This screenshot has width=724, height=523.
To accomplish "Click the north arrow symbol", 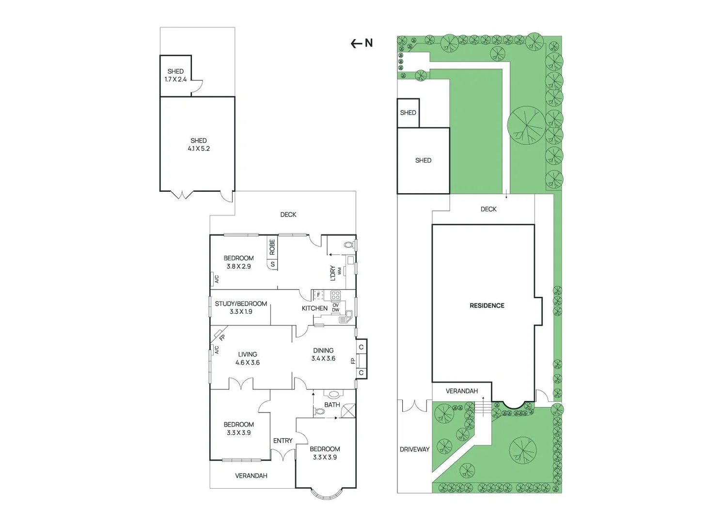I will coord(362,44).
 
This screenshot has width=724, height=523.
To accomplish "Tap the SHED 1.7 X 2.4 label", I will coord(175,75).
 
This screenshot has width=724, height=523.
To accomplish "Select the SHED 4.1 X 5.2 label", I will coord(199,145).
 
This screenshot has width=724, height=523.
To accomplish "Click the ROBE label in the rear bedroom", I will coord(272,247).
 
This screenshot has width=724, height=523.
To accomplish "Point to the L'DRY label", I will coord(333,273).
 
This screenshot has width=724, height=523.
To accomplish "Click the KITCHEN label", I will coord(315,308).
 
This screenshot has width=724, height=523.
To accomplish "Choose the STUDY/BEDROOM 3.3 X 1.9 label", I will coord(241,308).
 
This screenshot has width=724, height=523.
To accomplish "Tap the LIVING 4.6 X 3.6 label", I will coord(248,358).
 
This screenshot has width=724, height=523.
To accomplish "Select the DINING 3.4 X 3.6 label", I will coord(323,354).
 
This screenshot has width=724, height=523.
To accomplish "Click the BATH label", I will coord(332,405).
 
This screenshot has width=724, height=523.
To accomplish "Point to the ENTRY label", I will coord(283,441).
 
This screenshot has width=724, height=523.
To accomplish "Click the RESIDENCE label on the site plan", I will coord(487,306).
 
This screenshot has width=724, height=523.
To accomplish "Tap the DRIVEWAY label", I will coord(414,449).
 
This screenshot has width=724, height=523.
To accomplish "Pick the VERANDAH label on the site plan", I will coord(462,391).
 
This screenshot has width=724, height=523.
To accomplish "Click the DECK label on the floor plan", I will coord(288,215).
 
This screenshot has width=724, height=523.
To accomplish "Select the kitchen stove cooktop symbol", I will coord(335,295).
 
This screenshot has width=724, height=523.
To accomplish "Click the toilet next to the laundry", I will coord(348,245).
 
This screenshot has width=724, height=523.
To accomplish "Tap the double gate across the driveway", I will coord(414,406).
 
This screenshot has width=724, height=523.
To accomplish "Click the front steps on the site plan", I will coord(483,407).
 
